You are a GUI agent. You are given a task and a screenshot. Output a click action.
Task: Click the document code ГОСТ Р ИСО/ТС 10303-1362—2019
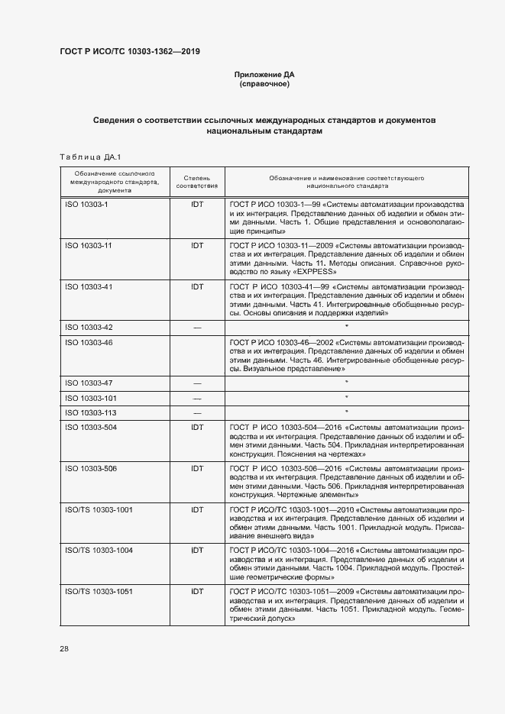(130, 52)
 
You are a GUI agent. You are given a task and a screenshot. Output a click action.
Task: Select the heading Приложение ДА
(264, 74)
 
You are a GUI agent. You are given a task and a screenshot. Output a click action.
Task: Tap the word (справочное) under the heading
(264, 84)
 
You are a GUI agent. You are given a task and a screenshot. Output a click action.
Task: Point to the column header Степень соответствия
(197, 181)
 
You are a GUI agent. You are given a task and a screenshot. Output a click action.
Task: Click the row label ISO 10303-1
(87, 205)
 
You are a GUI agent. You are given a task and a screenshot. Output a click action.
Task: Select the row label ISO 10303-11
(89, 246)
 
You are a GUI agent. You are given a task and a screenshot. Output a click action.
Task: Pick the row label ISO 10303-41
(89, 286)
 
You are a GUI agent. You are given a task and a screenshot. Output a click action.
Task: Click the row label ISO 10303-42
(89, 327)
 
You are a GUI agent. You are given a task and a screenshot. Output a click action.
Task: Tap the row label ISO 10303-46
(89, 342)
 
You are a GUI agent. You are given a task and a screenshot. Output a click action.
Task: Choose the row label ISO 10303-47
(89, 383)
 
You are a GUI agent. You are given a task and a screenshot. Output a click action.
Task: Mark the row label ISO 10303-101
(91, 398)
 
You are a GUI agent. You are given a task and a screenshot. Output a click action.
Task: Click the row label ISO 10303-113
(91, 412)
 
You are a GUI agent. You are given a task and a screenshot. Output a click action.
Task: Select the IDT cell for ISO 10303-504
(197, 428)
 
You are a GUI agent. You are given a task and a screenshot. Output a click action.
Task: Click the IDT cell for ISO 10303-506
(197, 468)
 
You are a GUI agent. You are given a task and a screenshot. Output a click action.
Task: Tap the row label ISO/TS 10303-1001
(99, 509)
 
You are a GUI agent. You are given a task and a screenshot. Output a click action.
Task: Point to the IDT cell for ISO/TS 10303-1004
(197, 550)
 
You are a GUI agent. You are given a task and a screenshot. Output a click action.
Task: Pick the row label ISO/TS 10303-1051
(99, 591)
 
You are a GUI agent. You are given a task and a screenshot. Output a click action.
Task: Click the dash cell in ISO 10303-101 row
(197, 398)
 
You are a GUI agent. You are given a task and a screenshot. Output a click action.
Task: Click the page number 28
(64, 648)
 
